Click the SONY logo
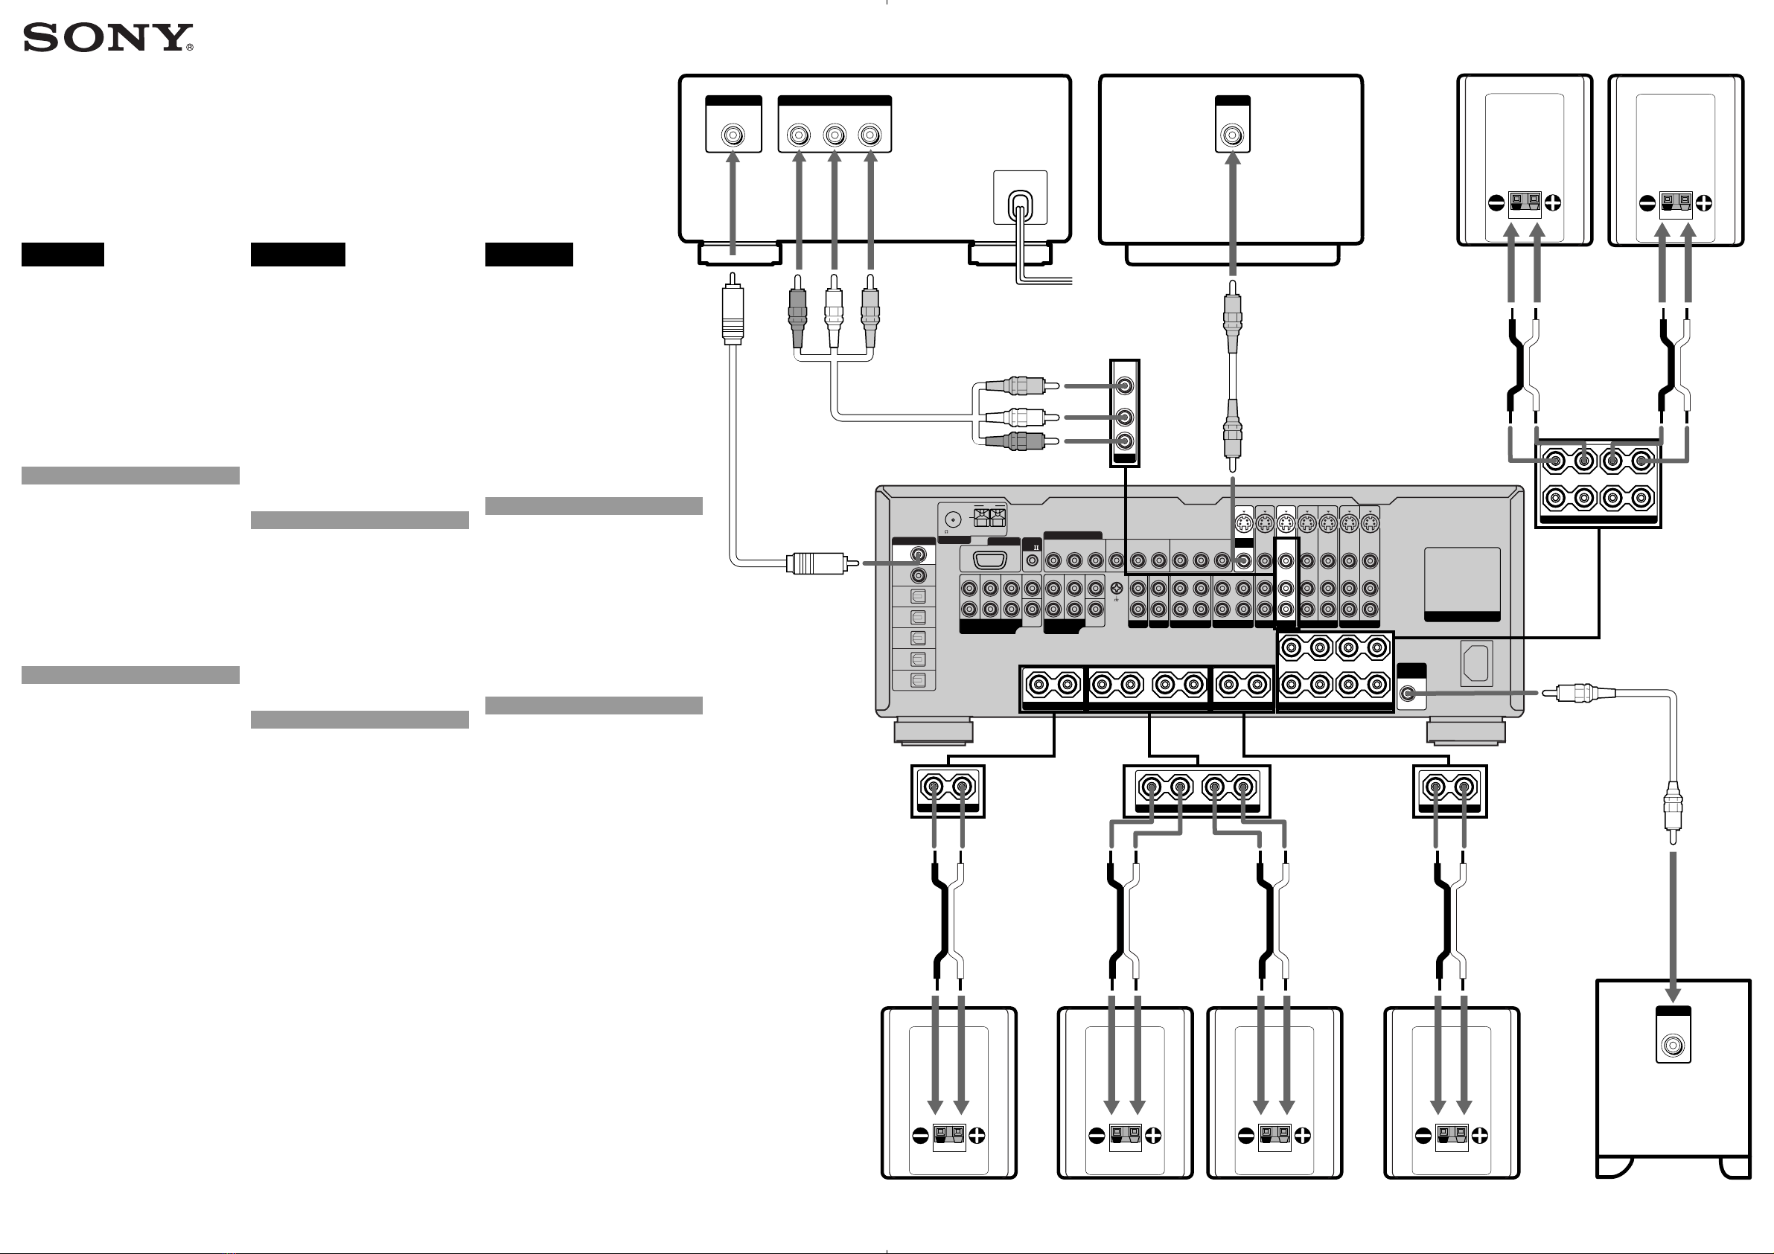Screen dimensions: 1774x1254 pos(107,37)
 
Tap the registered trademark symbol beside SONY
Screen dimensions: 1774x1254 pos(189,47)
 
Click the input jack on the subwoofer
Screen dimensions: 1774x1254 pos(1673,1046)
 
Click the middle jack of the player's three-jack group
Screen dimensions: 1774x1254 pos(835,136)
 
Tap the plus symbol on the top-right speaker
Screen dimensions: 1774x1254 pos(1704,203)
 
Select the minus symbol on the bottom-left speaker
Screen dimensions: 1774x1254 pos(920,1136)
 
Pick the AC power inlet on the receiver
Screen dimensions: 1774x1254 pos(1475,663)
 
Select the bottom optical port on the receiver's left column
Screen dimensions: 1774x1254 pos(918,681)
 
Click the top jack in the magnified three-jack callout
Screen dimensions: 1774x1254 pos(1125,386)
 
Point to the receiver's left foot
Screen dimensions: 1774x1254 pos(934,731)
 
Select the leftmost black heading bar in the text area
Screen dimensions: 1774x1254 pos(63,255)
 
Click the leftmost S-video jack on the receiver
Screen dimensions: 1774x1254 pos(1243,525)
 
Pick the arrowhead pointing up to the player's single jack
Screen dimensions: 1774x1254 pos(733,159)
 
